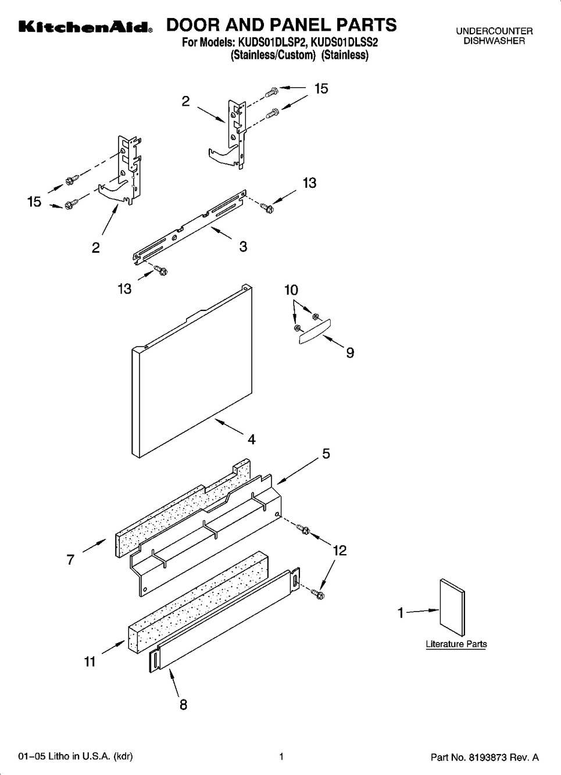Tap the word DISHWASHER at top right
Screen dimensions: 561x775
pyautogui.click(x=494, y=41)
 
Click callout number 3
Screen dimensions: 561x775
pyautogui.click(x=243, y=247)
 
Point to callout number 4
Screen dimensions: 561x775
pyautogui.click(x=252, y=440)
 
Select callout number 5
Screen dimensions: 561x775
pyautogui.click(x=326, y=453)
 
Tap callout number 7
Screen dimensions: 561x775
pyautogui.click(x=70, y=559)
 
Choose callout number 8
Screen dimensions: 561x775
pyautogui.click(x=183, y=705)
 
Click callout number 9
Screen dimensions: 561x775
pyautogui.click(x=350, y=353)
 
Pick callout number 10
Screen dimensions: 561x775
pyautogui.click(x=291, y=290)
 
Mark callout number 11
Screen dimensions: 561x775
pyautogui.click(x=90, y=662)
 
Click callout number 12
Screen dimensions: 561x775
pyautogui.click(x=340, y=550)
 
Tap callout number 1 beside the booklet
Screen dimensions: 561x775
pyautogui.click(x=401, y=613)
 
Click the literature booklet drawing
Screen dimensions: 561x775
pyautogui.click(x=452, y=607)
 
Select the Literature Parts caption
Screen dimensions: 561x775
pyautogui.click(x=456, y=644)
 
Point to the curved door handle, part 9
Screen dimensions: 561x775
pyautogui.click(x=315, y=331)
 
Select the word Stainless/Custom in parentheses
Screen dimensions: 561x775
pyautogui.click(x=273, y=55)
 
